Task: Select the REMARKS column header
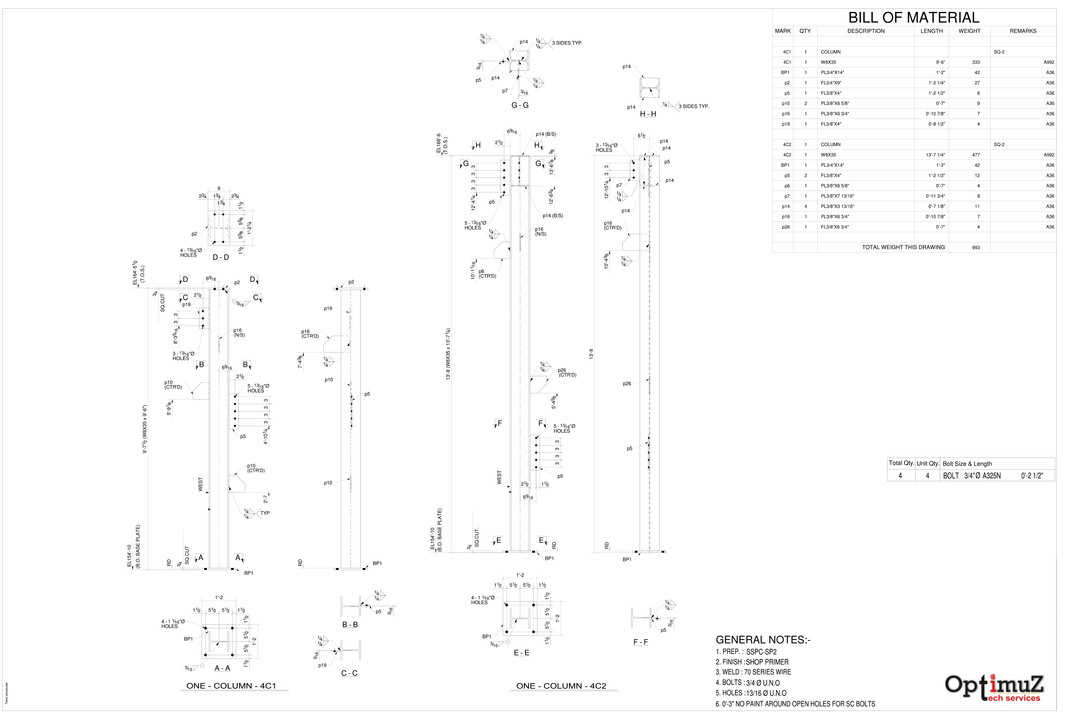pos(1023,31)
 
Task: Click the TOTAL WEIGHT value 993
pos(976,247)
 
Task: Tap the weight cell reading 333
pos(976,62)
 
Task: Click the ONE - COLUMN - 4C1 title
pos(231,686)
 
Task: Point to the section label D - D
pos(221,257)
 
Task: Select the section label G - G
pos(520,105)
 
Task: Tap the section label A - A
pos(222,668)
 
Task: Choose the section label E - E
pos(521,653)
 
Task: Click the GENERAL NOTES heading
pos(763,640)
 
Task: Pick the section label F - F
pos(640,642)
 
